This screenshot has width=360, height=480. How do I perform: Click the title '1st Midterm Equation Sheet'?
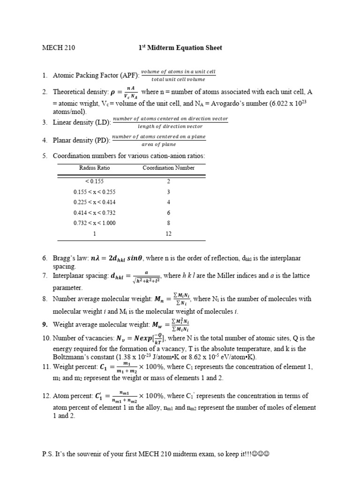(180, 48)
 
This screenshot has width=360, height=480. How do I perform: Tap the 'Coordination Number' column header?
(168, 168)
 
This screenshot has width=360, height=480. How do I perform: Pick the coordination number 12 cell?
(168, 233)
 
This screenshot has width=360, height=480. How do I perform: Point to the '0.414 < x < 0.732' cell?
(94, 212)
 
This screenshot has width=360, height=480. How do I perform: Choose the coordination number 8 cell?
(168, 223)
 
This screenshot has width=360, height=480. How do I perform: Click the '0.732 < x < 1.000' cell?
(94, 223)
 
